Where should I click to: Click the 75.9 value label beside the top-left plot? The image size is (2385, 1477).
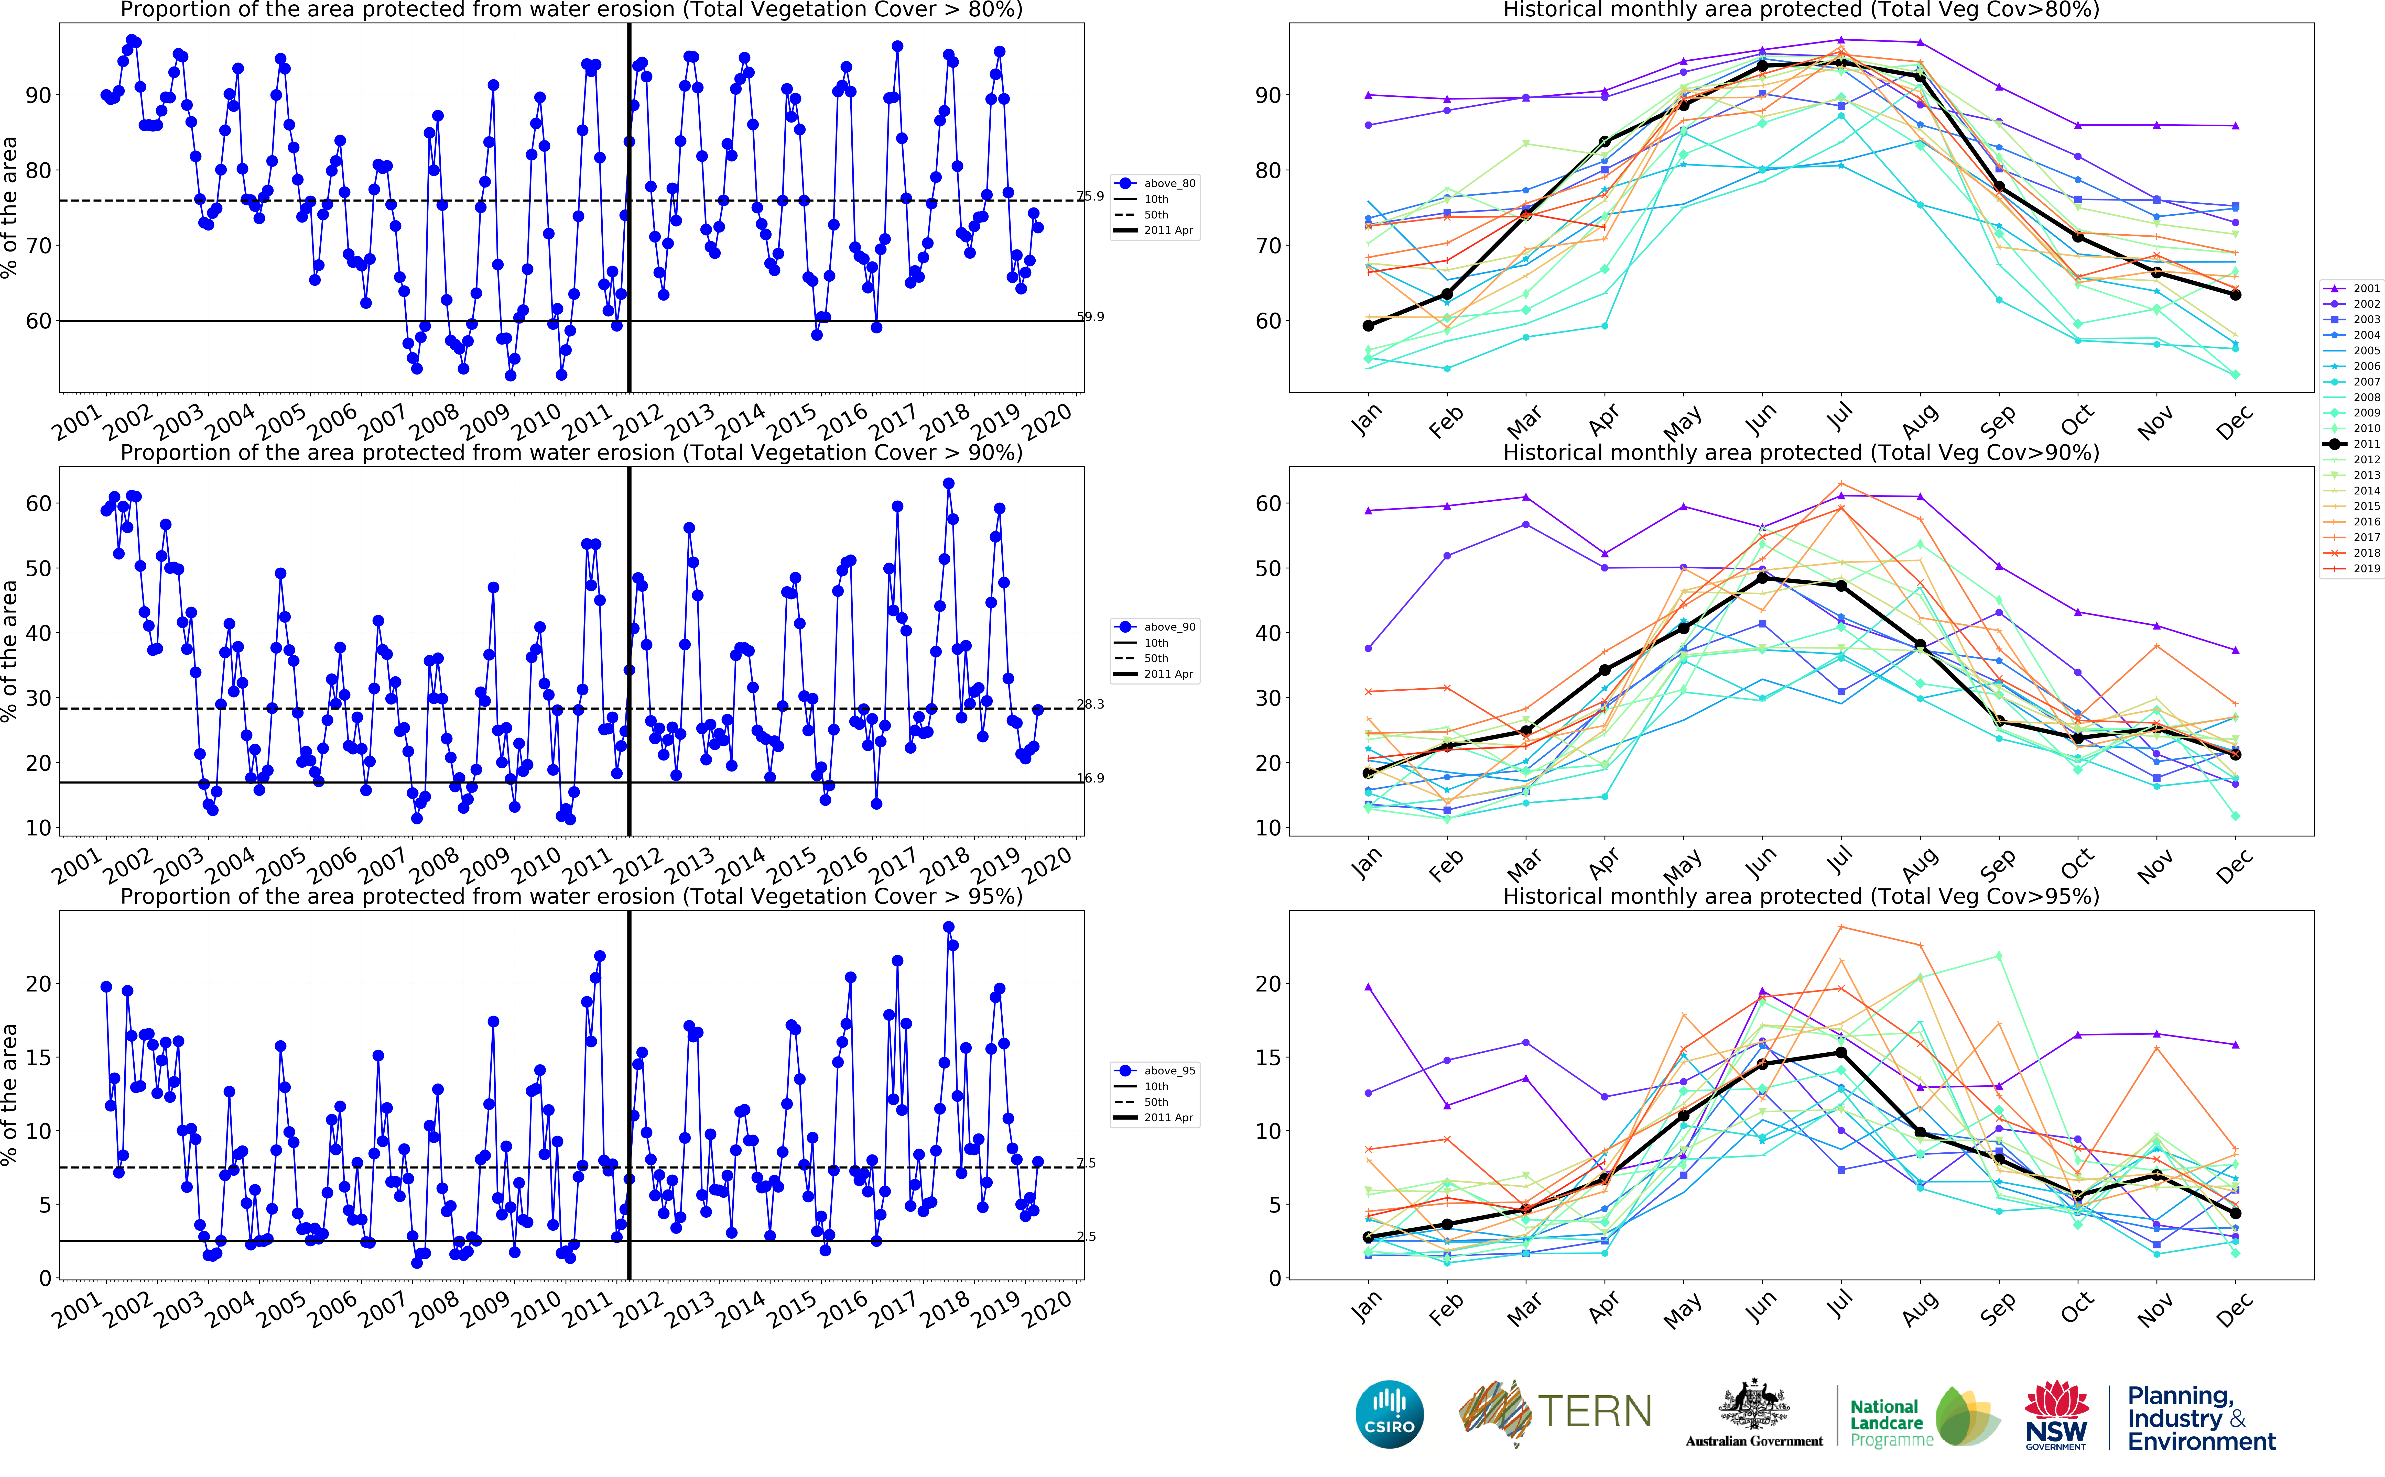pos(1090,196)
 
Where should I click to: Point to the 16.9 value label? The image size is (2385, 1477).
pos(1090,779)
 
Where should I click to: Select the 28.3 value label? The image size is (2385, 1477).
pos(1090,704)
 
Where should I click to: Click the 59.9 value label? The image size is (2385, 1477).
pos(1090,316)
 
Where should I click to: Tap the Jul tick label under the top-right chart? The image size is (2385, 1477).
pos(1840,418)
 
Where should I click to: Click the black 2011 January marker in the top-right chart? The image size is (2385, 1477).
pos(1368,325)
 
